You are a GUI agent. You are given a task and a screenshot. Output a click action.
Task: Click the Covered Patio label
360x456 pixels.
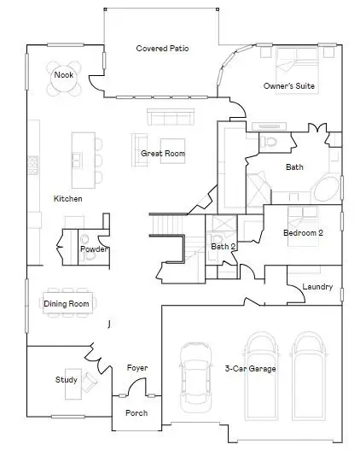pos(162,49)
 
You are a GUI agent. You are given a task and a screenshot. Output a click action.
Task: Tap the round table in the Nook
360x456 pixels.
pos(64,77)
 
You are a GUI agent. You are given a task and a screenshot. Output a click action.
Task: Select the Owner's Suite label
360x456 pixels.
pos(290,85)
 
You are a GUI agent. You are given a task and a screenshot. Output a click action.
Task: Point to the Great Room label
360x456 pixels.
pos(163,154)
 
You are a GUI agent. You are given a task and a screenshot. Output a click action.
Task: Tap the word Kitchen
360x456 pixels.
pos(68,198)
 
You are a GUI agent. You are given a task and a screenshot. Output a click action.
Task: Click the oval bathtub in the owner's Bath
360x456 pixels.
pos(324,189)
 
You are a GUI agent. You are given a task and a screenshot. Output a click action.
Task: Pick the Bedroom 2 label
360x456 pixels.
pos(303,232)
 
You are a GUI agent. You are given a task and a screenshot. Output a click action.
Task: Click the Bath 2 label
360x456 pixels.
pos(223,248)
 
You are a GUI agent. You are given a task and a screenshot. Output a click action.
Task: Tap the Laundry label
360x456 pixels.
pos(317,287)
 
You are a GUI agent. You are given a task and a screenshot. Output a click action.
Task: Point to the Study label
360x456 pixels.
pos(67,380)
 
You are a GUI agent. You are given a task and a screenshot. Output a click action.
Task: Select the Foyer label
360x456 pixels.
pos(137,368)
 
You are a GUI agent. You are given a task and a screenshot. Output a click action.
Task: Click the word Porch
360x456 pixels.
pos(136,413)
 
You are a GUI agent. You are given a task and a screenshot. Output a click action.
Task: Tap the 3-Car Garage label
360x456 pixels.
pos(249,369)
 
